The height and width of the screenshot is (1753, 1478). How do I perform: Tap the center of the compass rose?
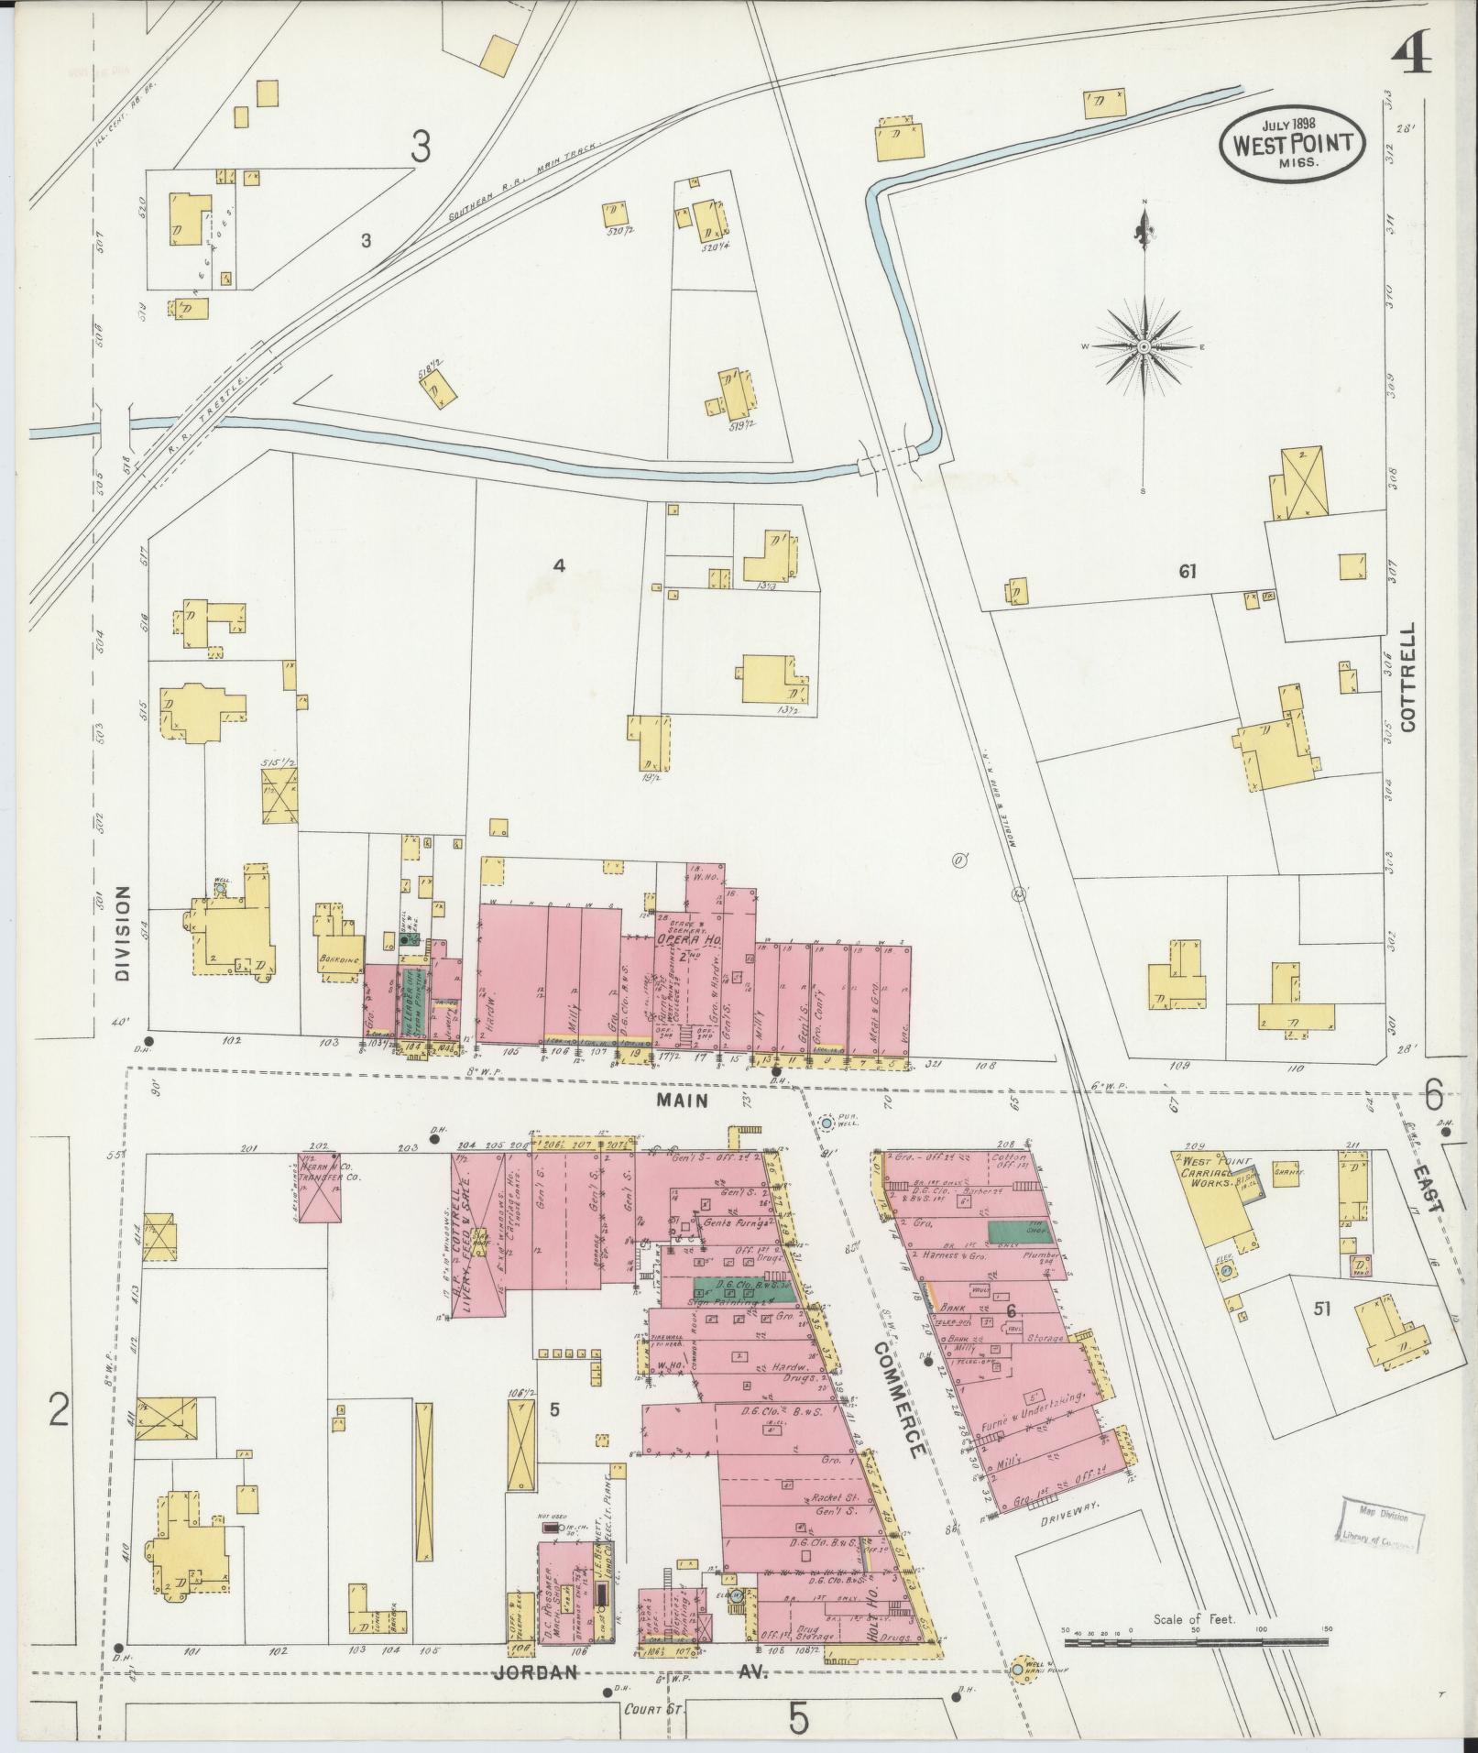point(1144,347)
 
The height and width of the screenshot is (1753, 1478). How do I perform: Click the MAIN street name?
point(684,1101)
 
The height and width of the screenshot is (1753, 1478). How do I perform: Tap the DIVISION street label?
point(124,935)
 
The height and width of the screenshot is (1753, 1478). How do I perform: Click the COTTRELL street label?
point(1407,677)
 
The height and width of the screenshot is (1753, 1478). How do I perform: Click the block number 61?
point(1188,572)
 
